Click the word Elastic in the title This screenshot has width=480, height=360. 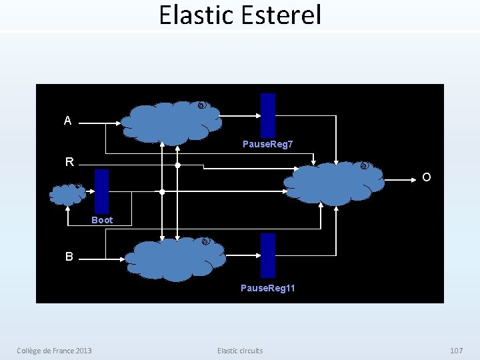(198, 15)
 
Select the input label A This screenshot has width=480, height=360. (67, 121)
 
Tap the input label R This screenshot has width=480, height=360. (69, 162)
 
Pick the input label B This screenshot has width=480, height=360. (69, 257)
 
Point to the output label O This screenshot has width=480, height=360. (426, 177)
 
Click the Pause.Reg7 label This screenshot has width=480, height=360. (267, 144)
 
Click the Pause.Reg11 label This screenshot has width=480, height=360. (267, 288)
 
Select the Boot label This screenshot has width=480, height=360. (102, 220)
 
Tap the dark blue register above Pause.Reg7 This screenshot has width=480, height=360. (267, 115)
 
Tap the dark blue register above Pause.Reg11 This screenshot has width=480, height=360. (267, 255)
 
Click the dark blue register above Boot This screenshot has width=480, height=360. (101, 191)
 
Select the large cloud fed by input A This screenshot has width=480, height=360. (172, 122)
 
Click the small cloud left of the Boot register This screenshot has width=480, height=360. (67, 194)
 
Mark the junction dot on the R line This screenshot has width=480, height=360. (177, 165)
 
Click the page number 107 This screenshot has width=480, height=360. (456, 351)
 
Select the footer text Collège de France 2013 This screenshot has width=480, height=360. (55, 351)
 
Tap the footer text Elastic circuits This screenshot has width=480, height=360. (240, 351)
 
